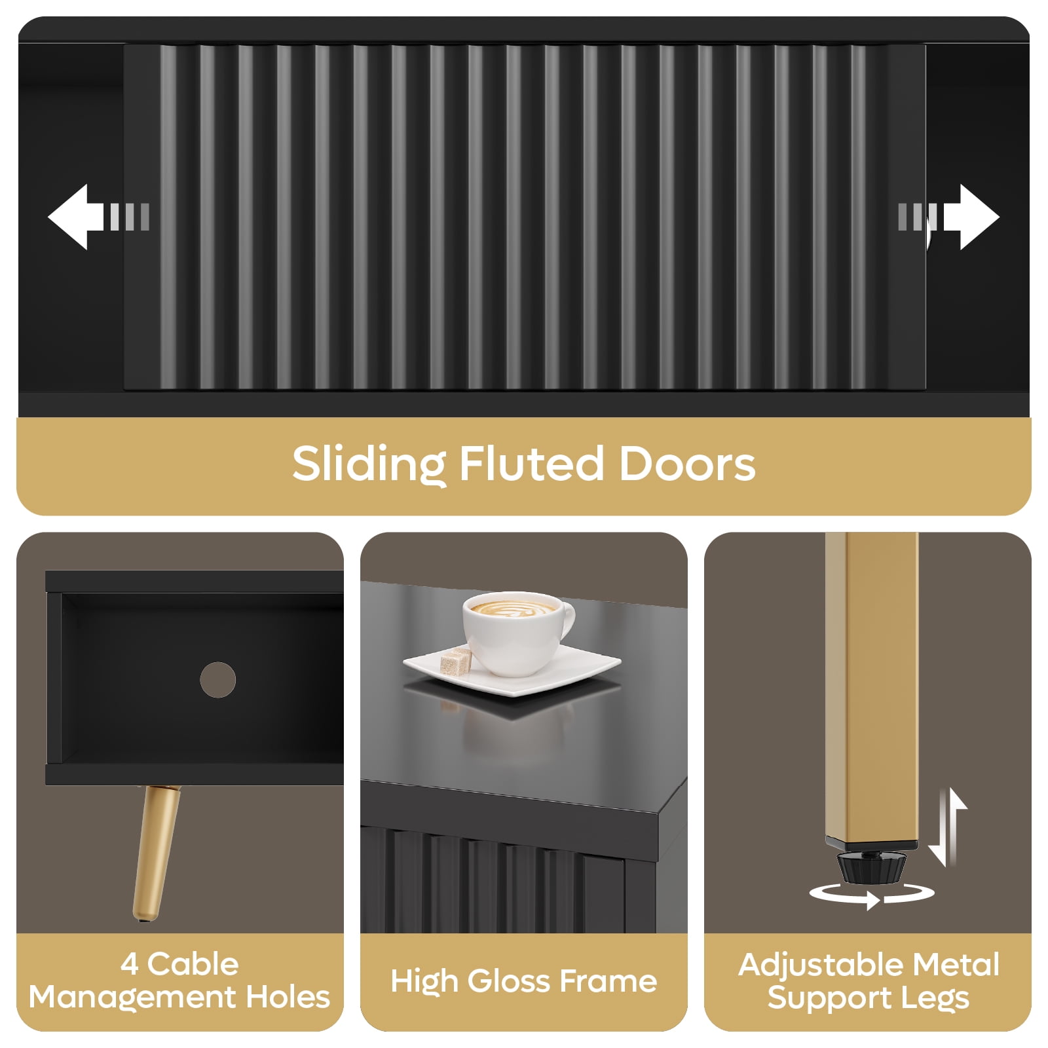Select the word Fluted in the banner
tap(531, 463)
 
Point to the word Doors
tap(687, 463)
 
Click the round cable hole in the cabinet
tap(218, 679)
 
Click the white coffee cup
tap(518, 633)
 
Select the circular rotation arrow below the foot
tap(872, 894)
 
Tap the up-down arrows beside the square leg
tap(948, 827)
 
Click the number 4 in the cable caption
tap(129, 964)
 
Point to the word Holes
tap(288, 997)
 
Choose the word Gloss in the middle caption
tap(509, 981)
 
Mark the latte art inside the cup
tap(511, 608)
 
